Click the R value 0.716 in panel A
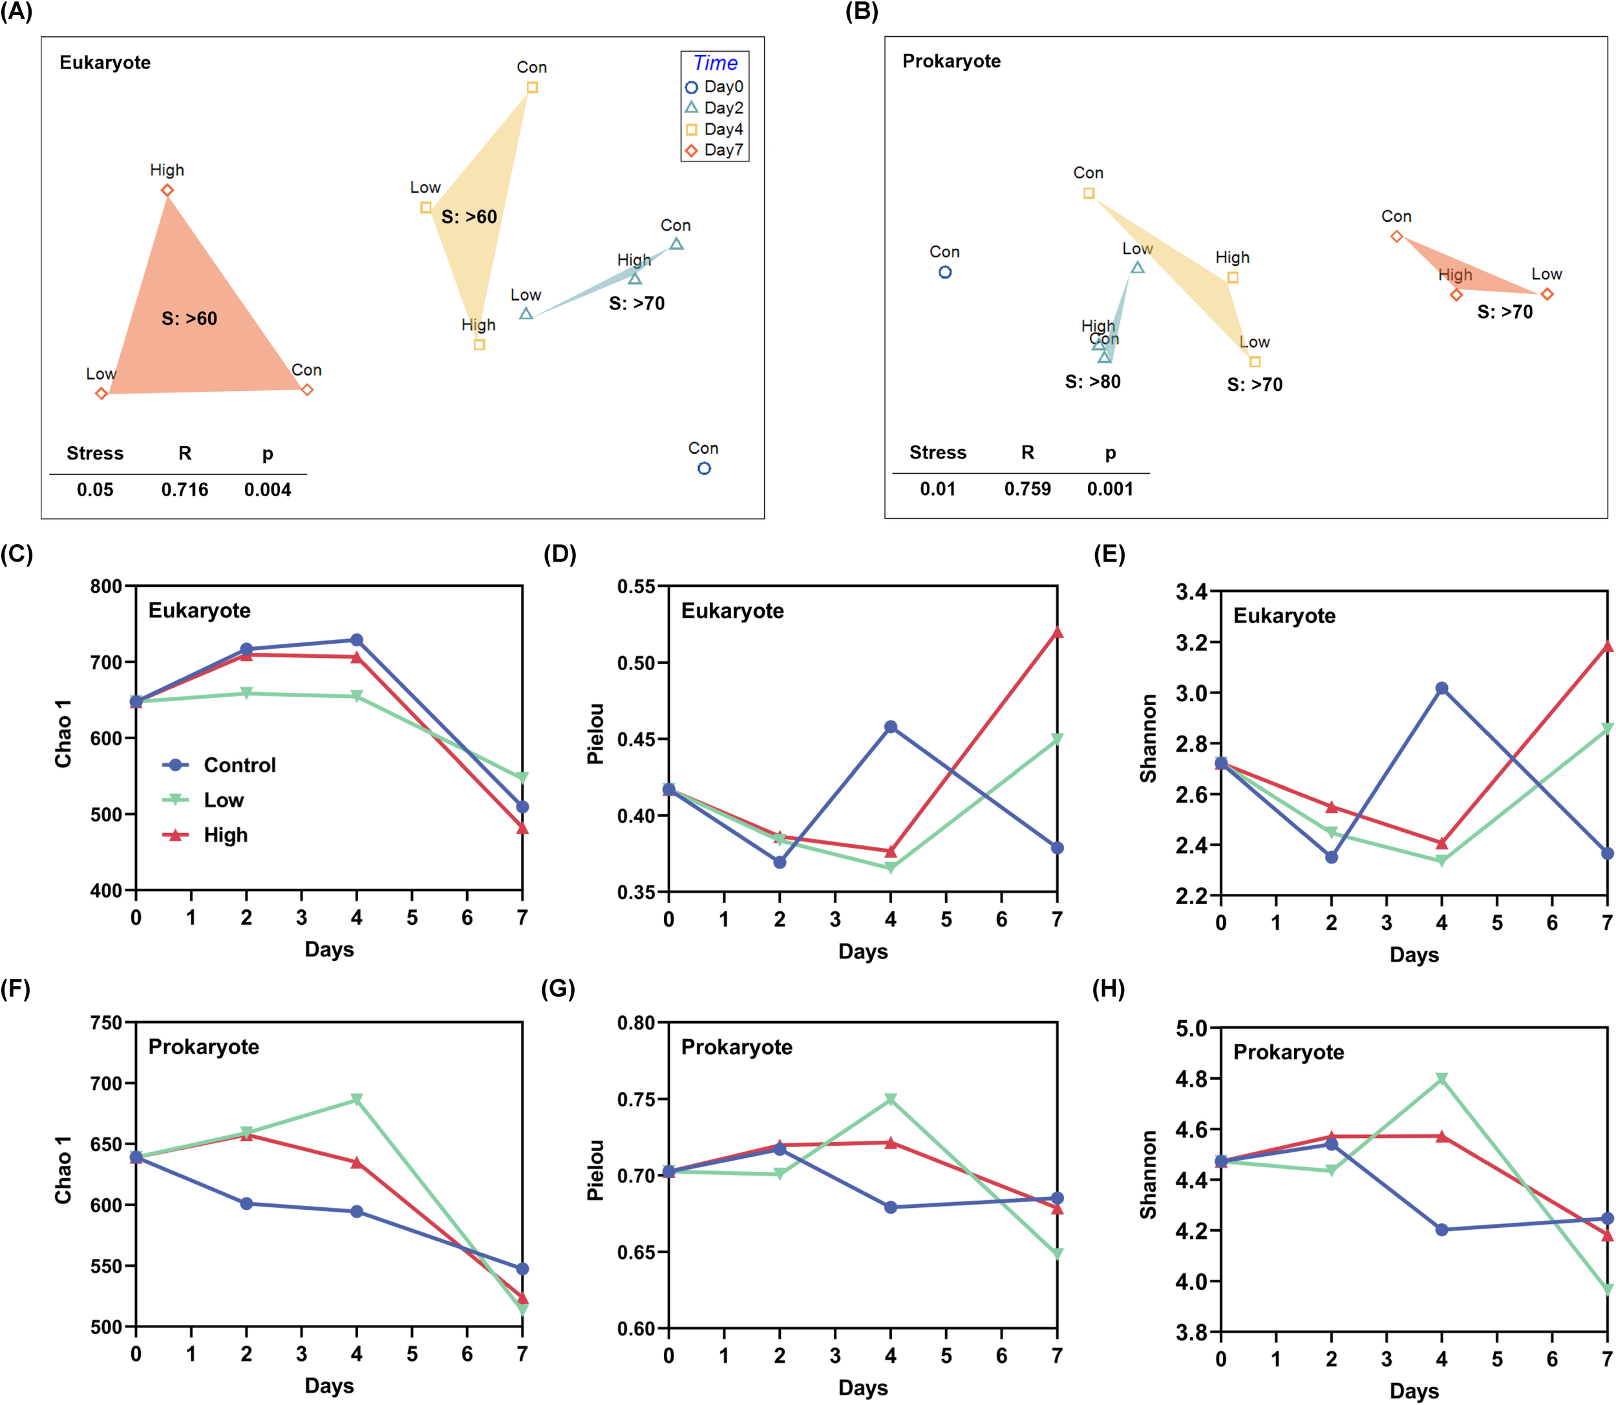point(184,490)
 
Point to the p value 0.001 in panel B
point(1109,489)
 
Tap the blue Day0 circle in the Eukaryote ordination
point(704,468)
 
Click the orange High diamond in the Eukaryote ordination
point(167,191)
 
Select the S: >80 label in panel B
point(1092,382)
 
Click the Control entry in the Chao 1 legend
point(220,765)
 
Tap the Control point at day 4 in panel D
point(891,727)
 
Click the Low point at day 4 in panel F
point(357,1099)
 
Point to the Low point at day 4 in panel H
point(1441,1079)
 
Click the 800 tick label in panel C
point(106,586)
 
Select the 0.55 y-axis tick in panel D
point(636,586)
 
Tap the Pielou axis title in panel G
point(596,1170)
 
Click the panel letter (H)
point(1108,989)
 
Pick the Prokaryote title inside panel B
point(951,61)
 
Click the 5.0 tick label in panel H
point(1192,1028)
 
